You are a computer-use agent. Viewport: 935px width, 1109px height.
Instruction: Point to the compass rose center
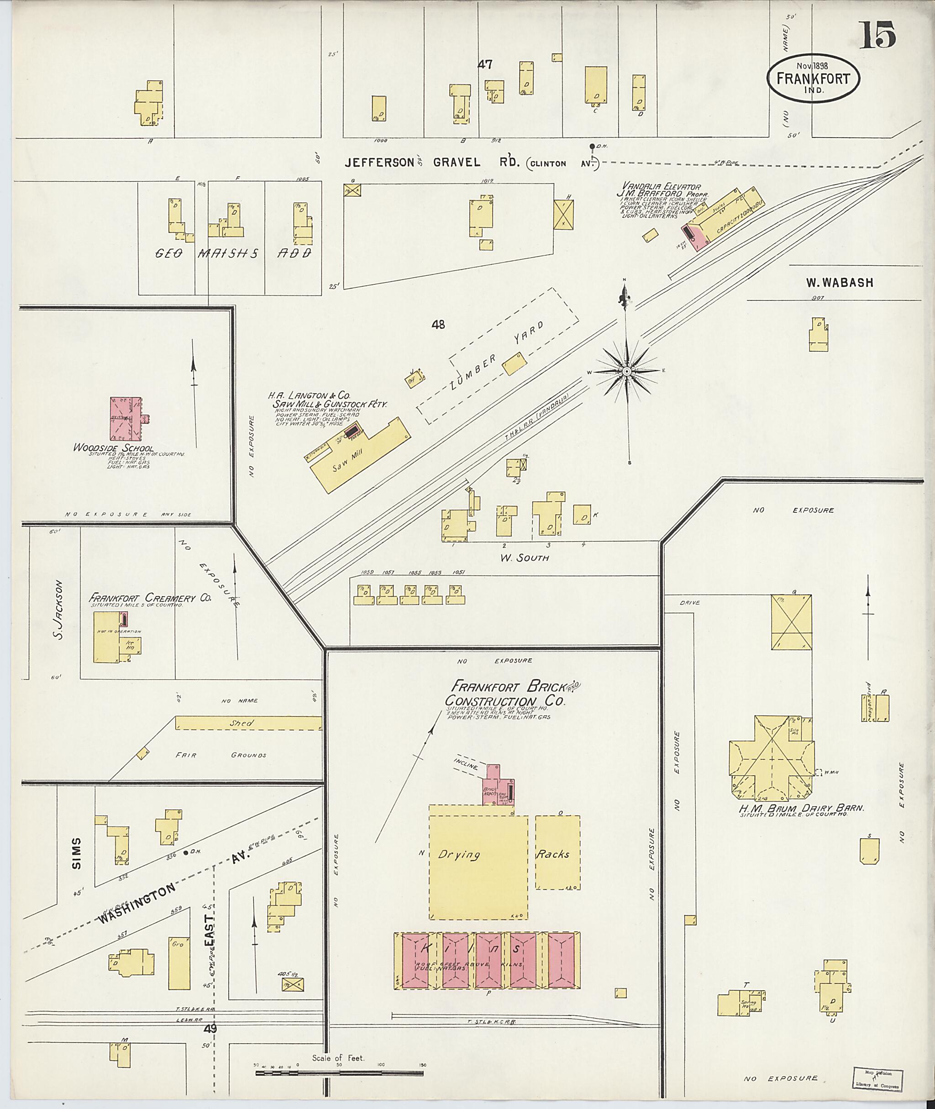(626, 372)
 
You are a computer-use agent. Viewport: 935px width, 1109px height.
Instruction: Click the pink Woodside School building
(126, 419)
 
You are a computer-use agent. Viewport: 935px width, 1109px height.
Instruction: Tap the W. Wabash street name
(839, 283)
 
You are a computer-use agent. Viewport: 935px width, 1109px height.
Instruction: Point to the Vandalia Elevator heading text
(662, 187)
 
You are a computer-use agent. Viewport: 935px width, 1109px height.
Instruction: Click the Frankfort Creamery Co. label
(151, 598)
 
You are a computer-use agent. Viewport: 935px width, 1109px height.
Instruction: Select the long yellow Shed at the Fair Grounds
(248, 723)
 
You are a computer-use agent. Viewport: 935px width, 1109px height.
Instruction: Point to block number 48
(438, 325)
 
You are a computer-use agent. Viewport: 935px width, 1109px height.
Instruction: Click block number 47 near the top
(484, 65)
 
